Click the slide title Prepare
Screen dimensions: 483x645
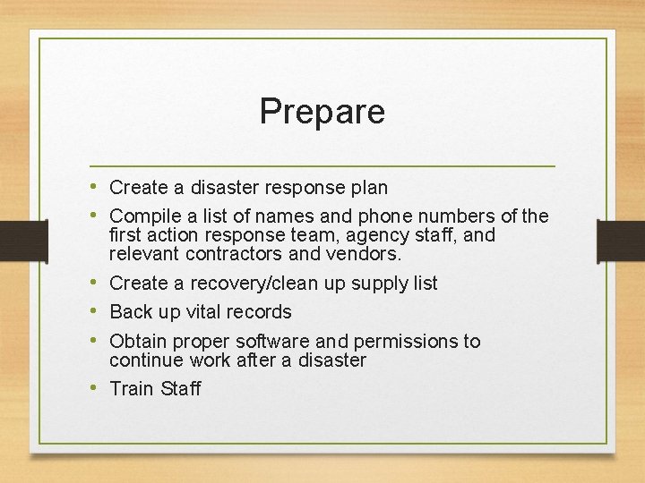coord(322,112)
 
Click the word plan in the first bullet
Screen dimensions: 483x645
coord(369,188)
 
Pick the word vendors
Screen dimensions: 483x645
coord(367,254)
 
